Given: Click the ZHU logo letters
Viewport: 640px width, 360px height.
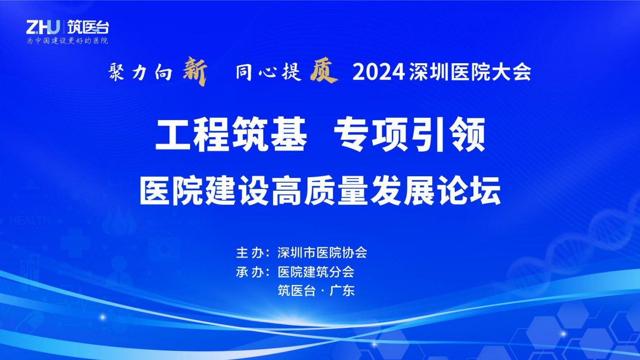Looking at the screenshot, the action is pos(43,27).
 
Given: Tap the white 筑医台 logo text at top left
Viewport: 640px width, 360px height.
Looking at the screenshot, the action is pos(88,27).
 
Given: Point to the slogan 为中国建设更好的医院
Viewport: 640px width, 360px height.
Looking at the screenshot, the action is pos(67,41).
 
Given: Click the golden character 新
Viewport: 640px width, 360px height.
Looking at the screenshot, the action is pos(195,71).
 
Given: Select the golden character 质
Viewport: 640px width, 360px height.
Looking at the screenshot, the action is pos(323,70).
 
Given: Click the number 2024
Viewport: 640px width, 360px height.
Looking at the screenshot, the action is pos(379,72).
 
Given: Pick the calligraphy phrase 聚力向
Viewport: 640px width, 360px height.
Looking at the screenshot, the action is pos(140,73).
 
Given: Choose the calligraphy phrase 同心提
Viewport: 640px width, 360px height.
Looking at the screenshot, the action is pos(268,72).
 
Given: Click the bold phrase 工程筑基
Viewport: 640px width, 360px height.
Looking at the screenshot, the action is pos(231,134).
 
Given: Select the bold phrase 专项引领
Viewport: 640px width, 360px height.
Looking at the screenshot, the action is pos(409,134).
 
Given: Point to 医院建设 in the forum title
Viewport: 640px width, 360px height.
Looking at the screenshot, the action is pos(205,191).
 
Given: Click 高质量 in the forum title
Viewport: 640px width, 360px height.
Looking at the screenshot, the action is pos(320,191).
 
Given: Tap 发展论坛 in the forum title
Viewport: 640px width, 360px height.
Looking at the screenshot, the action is pos(435,191).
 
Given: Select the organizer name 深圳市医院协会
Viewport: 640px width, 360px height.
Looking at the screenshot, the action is pos(322,253).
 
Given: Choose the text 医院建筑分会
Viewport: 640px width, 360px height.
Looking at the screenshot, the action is pos(316,272).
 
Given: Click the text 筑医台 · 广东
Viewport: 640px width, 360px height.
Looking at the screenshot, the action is pos(316,290).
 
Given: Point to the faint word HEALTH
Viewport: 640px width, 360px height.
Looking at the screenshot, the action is pos(30,221).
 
